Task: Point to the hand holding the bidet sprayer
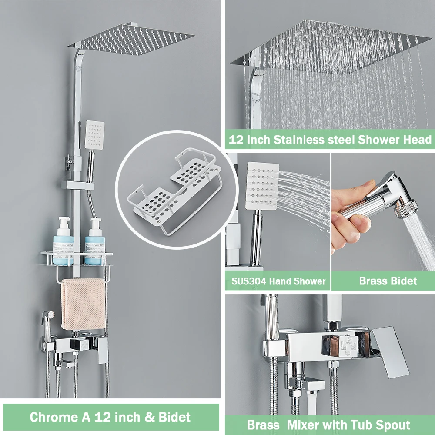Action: pyautogui.click(x=350, y=213)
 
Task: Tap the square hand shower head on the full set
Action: pyautogui.click(x=95, y=133)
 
